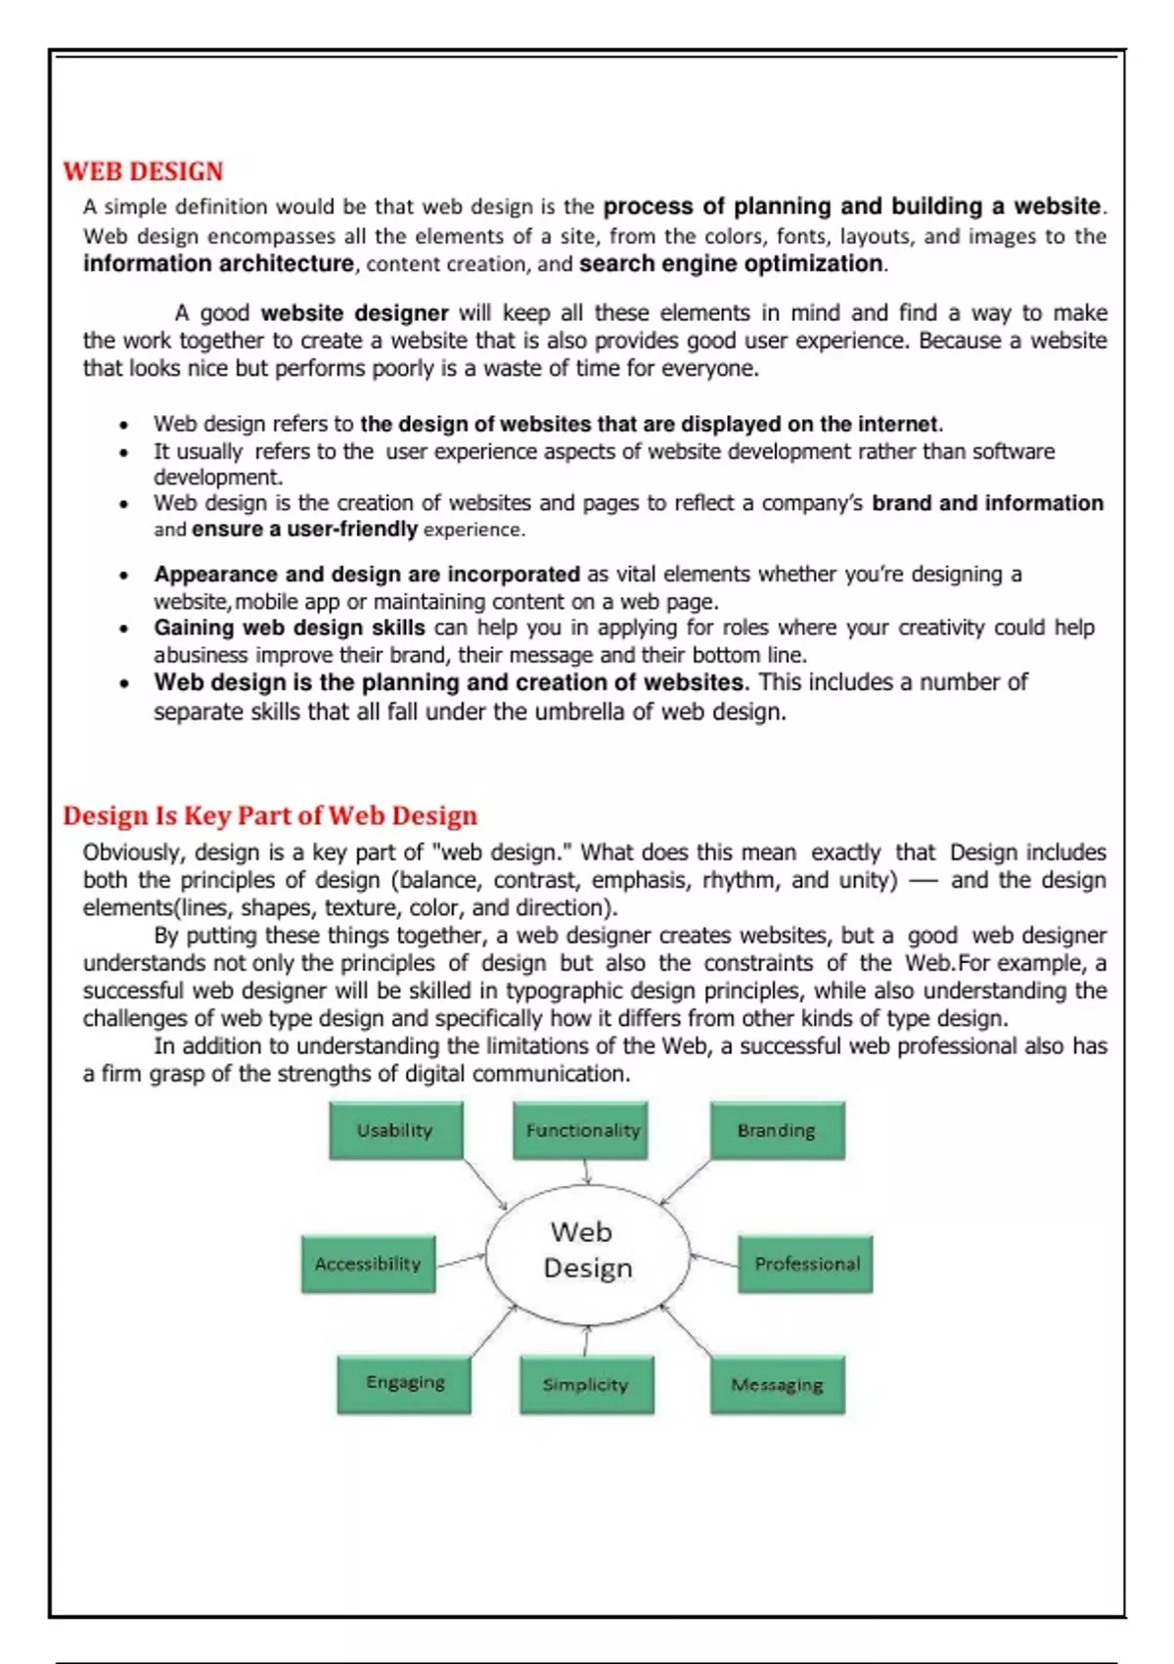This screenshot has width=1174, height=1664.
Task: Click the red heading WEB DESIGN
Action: pos(143,171)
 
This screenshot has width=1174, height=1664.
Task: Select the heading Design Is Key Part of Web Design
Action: pos(270,815)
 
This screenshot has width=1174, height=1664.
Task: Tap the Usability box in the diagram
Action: pos(395,1131)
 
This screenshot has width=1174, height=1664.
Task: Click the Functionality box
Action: pos(581,1131)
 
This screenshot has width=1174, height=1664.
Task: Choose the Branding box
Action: pos(777,1131)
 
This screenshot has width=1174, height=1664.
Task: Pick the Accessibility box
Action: pos(368,1265)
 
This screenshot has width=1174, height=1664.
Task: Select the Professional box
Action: pos(805,1265)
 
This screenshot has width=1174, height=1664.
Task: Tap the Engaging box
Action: pos(404,1383)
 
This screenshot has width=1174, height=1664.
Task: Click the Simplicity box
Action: pos(586,1385)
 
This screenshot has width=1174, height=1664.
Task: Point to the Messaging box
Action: pos(777,1385)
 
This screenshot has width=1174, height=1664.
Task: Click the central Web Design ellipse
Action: pos(587,1250)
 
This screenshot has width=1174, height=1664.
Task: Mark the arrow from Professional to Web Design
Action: pos(714,1259)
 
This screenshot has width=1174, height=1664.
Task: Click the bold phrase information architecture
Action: pos(218,264)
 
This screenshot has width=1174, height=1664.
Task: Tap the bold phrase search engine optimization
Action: pos(731,264)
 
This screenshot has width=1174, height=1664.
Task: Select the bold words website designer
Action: pos(354,313)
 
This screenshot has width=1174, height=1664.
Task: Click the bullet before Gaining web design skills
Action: pos(123,629)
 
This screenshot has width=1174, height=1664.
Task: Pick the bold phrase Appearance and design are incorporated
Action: pos(367,575)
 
